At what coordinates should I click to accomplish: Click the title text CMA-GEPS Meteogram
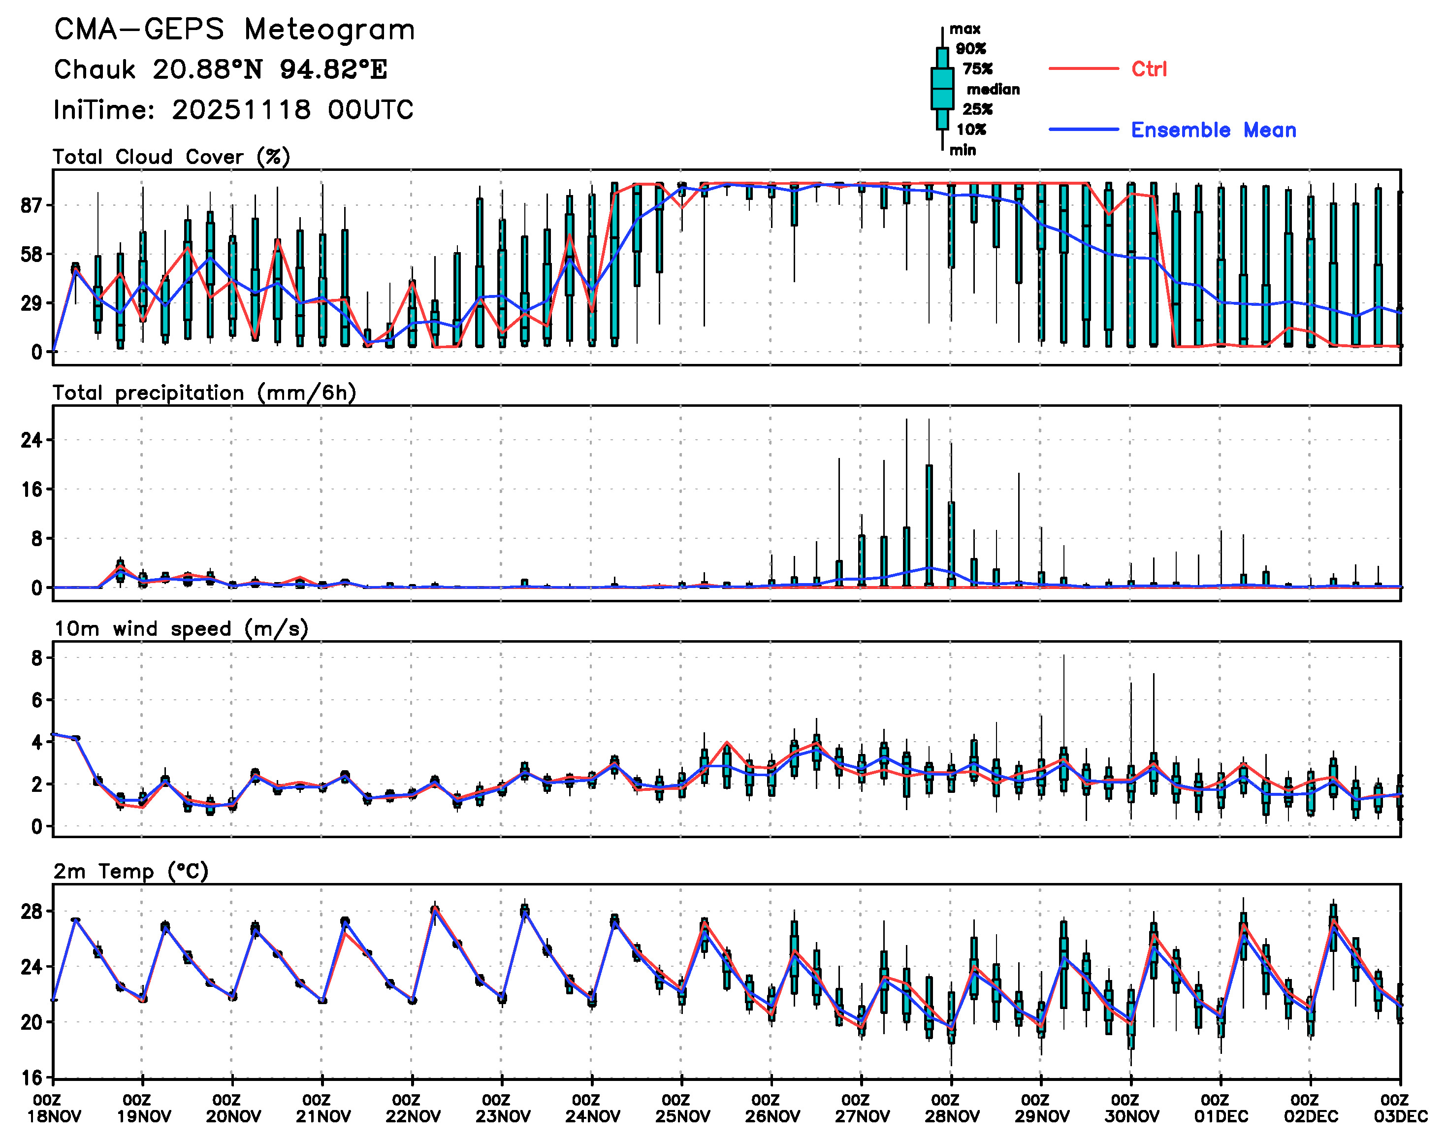(234, 30)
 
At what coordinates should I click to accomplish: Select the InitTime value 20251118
(241, 110)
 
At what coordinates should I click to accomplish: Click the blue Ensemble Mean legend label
(1213, 130)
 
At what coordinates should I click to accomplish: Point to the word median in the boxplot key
(993, 90)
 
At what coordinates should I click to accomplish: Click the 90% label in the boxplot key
(970, 49)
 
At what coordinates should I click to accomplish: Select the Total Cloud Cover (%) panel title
(171, 157)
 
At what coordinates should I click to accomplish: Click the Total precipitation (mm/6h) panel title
(204, 393)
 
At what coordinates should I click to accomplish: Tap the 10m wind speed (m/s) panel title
(181, 629)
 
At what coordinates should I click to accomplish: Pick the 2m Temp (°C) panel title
(131, 871)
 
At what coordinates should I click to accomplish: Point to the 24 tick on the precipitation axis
(32, 440)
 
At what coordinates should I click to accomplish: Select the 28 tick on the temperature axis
(32, 912)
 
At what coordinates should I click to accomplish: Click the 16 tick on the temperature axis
(32, 1078)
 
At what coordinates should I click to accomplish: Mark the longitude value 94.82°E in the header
(333, 69)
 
